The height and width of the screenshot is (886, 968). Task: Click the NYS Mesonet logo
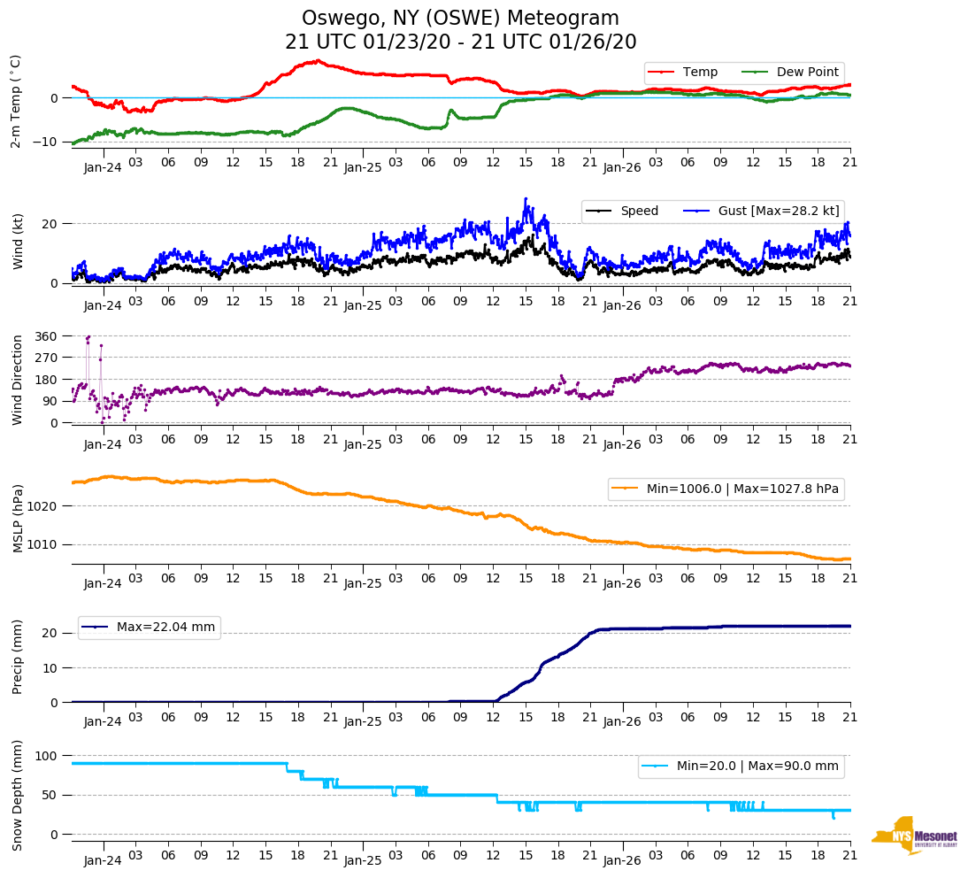(x=915, y=836)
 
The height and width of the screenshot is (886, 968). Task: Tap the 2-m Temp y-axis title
(x=16, y=101)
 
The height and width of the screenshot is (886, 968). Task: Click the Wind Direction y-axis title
(x=17, y=379)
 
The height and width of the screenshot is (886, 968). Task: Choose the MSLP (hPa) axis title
(x=17, y=518)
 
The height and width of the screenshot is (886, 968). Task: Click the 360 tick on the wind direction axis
(x=47, y=336)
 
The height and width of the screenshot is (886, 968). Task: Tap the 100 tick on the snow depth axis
(x=47, y=756)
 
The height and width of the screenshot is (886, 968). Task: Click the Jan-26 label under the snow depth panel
(x=621, y=860)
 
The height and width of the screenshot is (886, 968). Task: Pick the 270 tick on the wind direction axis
(x=47, y=358)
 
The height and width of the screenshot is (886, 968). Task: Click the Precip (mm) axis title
(x=17, y=656)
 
